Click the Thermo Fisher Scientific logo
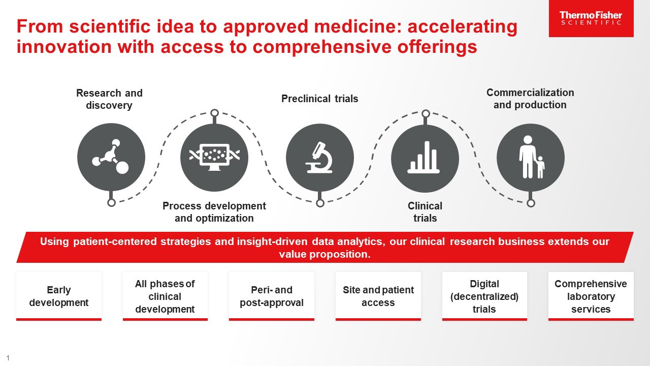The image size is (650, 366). pos(591,18)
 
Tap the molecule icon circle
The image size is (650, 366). pos(111,158)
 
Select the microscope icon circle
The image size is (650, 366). pos(319,158)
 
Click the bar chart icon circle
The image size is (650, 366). pos(425,158)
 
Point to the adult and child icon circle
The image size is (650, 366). pos(530,158)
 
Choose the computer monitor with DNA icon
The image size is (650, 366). pos(214,158)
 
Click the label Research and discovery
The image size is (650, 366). pos(109,99)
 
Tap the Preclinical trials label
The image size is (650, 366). pos(319,99)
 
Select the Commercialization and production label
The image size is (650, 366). pos(530,99)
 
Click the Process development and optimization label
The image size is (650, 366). pos(214,212)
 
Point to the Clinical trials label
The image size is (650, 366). pos(425,212)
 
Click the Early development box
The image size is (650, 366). pos(59,296)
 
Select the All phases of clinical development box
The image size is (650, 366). pos(165,296)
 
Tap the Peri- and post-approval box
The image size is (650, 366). pos(271,296)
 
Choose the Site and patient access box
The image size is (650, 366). pos(378,296)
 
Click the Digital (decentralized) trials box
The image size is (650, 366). pos(484,296)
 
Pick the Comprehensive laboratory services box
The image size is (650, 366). pos(591,296)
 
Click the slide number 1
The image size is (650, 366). pos(8,358)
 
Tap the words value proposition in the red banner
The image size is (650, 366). pos(325,254)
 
